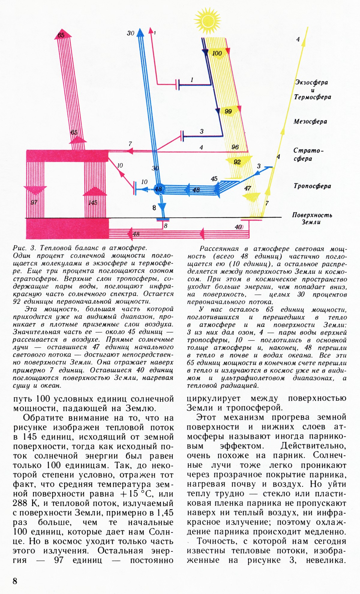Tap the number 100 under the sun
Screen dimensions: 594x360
click(x=217, y=53)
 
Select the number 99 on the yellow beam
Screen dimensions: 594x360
click(x=228, y=112)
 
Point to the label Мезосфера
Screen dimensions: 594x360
click(x=310, y=122)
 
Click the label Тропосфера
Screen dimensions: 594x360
click(x=312, y=186)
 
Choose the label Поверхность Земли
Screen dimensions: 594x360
click(x=312, y=219)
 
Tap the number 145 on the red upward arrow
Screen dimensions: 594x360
click(x=93, y=203)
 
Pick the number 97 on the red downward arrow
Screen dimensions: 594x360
click(x=34, y=202)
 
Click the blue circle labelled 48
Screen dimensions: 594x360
click(x=158, y=189)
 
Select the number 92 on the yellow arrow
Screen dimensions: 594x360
click(x=237, y=162)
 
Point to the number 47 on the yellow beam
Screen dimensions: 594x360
click(x=247, y=188)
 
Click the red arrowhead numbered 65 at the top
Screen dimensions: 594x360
click(x=61, y=35)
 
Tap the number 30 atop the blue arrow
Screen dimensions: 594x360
click(x=130, y=33)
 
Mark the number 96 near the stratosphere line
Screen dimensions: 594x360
click(x=235, y=147)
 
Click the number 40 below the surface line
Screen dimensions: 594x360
click(x=238, y=227)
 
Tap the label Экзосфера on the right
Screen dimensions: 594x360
click(x=311, y=83)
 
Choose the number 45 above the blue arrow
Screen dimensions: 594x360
click(x=214, y=179)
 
